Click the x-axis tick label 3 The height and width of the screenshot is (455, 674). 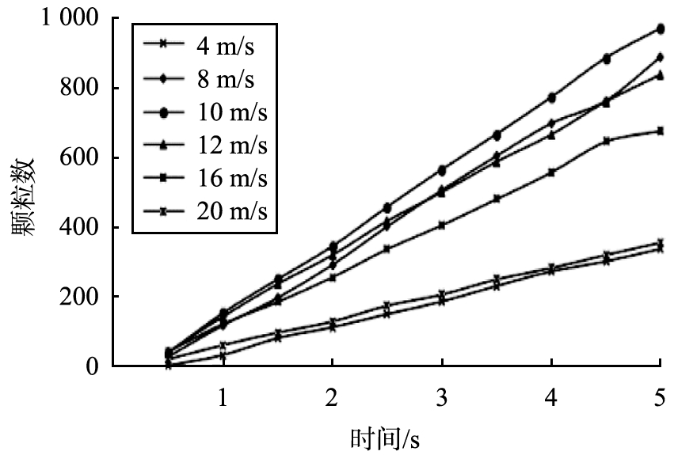(x=441, y=396)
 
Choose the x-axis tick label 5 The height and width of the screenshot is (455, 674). (x=660, y=396)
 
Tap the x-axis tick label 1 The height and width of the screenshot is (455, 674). (x=223, y=396)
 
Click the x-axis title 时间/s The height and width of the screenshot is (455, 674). (x=386, y=437)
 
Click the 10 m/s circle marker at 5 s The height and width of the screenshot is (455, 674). (x=661, y=29)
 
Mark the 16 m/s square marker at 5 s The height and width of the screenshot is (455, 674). (x=661, y=131)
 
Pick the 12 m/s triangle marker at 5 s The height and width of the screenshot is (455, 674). (x=661, y=75)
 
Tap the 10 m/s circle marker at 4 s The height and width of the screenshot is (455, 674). (x=551, y=98)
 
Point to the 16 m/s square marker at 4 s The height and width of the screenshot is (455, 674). (x=551, y=172)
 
